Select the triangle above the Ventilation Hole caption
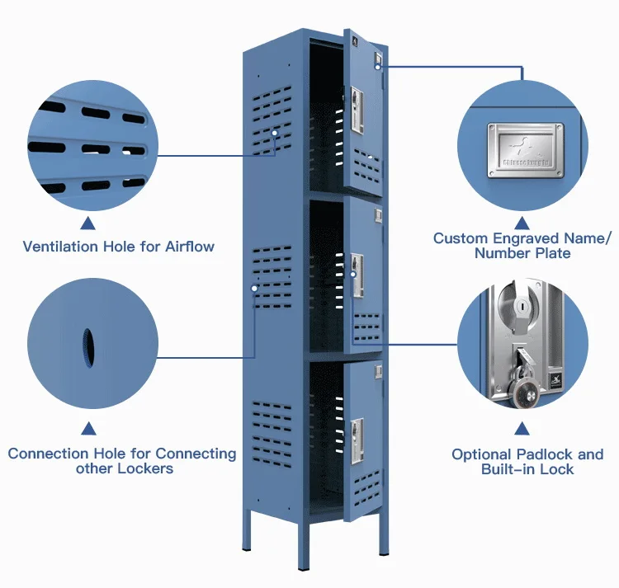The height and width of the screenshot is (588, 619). pos(87,223)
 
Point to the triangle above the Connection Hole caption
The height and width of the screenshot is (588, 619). pos(87,428)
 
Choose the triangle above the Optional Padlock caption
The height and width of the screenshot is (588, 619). pos(522,428)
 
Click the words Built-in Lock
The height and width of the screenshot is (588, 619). pos(527,469)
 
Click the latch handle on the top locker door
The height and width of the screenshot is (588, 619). pos(357,111)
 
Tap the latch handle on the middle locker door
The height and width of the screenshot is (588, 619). pos(357,272)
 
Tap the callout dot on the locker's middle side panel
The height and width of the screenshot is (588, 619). pos(254,288)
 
